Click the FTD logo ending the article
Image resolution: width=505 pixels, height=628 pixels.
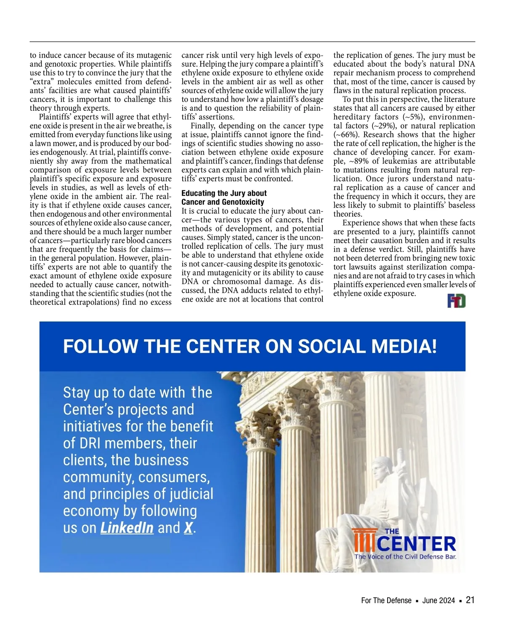coord(456,302)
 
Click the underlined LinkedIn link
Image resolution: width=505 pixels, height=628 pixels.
coord(127,528)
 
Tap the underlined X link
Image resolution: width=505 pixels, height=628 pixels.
coord(188,528)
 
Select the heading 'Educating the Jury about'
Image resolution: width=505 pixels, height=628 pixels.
coord(224,193)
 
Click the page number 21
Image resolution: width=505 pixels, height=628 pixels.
coord(470,600)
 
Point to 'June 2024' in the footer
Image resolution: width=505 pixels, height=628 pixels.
coord(439,601)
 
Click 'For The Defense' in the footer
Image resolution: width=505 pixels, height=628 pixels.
coord(386,601)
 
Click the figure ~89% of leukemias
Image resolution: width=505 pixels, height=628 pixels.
coord(357,161)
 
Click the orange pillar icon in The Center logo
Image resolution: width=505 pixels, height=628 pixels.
coord(364,541)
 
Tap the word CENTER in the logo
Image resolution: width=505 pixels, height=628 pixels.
coord(417,544)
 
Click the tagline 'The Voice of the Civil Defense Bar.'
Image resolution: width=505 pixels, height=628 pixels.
coord(405,557)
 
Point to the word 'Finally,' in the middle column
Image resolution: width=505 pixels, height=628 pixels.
coord(204,126)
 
